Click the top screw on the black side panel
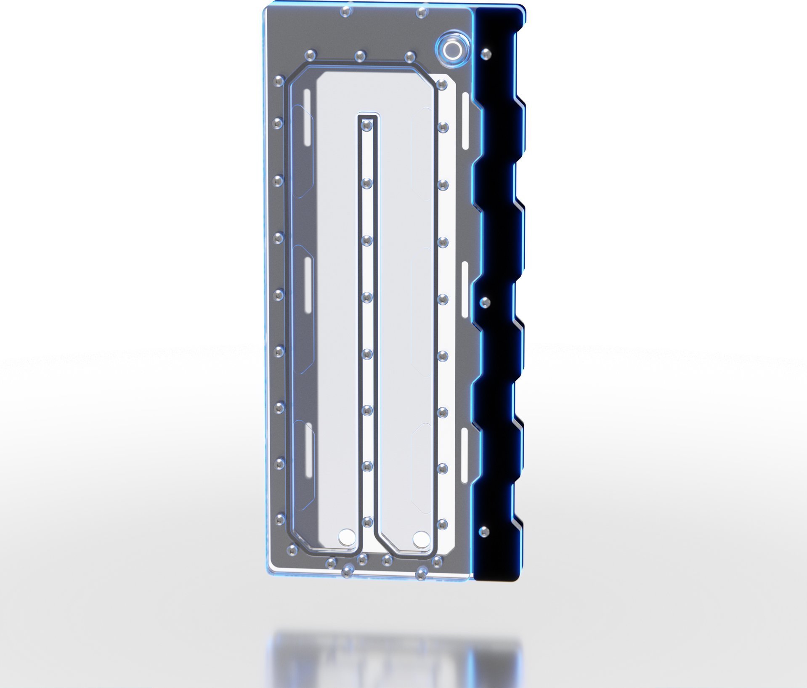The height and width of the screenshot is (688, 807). point(486,53)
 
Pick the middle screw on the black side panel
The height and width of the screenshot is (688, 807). point(486,302)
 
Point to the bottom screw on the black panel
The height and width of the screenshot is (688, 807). point(485,531)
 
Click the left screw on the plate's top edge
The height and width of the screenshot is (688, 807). point(345,11)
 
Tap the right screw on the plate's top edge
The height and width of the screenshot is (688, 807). point(421,13)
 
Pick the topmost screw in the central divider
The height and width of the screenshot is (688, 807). point(367,125)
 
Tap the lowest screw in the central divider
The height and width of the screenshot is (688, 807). point(367,522)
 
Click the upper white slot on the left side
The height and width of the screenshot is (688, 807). point(308,117)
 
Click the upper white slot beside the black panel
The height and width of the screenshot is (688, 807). point(465,121)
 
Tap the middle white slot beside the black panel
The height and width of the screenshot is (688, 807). point(465,290)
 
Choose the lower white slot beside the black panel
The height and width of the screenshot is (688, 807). point(464,456)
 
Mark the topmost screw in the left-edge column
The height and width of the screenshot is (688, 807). point(278,81)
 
